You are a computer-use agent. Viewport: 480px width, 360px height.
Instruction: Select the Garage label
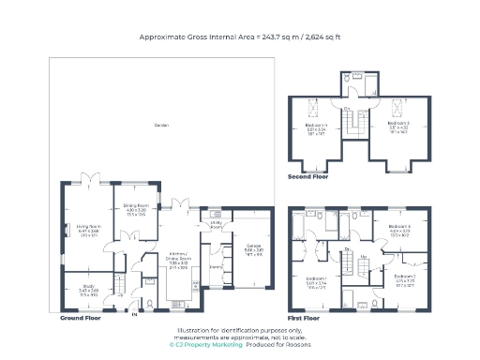tap(253, 248)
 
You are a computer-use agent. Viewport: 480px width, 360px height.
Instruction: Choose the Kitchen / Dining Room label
tap(178, 251)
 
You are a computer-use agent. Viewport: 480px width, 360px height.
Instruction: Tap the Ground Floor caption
tap(81, 319)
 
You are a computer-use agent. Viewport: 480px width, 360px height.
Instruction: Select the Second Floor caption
tap(308, 175)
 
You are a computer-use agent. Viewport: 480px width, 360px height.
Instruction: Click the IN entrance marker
tap(134, 314)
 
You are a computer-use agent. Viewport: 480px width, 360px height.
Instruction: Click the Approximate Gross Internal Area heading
tap(239, 37)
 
